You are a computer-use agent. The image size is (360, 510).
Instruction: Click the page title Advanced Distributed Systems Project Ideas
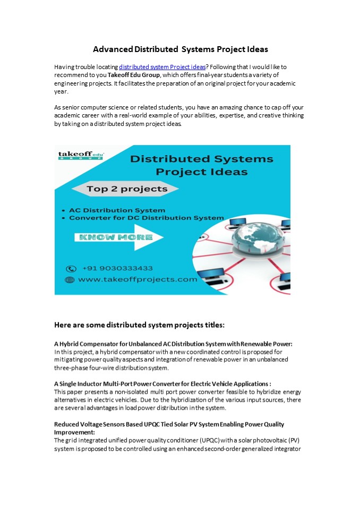pos(180,49)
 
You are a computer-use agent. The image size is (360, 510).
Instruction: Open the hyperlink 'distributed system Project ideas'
pos(162,67)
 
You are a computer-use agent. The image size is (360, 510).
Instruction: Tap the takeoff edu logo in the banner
pos(81,156)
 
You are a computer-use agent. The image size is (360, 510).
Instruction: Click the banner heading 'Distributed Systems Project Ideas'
pos(202,165)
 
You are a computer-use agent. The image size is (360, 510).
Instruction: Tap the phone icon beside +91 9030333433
pos(71,269)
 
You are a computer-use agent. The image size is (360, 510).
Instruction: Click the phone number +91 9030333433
pos(116,269)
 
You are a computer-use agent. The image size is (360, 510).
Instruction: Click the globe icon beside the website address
pos(70,279)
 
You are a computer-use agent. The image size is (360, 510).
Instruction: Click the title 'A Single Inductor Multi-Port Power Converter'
pos(162,384)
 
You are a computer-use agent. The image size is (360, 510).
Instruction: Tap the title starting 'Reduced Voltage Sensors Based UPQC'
pos(169,424)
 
